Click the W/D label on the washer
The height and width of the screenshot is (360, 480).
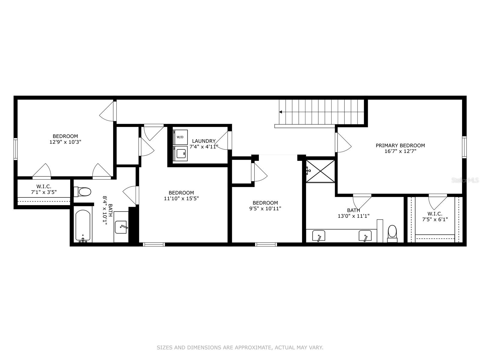click(180, 137)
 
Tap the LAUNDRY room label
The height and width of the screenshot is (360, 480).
click(204, 141)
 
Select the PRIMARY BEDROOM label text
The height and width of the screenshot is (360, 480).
click(400, 145)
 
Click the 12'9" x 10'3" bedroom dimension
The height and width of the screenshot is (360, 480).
click(65, 142)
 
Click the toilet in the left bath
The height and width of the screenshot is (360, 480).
click(82, 192)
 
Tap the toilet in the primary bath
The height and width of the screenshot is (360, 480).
click(392, 233)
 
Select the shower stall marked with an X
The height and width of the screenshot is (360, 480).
click(320, 171)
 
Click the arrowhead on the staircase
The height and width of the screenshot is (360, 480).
click(280, 112)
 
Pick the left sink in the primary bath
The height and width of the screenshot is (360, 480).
click(319, 236)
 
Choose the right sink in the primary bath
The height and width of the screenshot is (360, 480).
click(365, 236)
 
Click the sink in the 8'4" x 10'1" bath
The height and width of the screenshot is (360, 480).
click(121, 227)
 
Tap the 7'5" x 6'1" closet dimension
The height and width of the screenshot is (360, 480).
click(435, 219)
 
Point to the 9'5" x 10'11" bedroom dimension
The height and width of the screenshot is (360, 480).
click(265, 208)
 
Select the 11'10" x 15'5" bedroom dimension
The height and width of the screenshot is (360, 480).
click(181, 198)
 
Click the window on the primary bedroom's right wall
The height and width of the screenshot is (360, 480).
click(464, 147)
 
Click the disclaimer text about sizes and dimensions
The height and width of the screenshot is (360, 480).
click(240, 348)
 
